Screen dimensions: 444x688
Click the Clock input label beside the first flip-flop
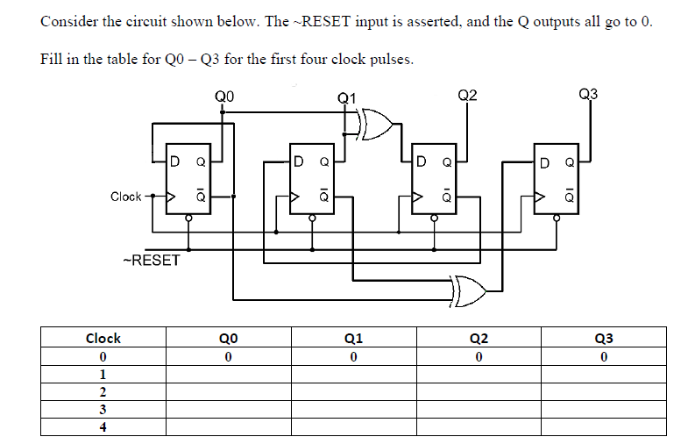(126, 197)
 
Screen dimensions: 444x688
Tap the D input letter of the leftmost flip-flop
(176, 161)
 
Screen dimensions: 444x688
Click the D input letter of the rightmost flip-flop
(545, 161)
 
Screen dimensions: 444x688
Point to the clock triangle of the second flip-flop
(297, 197)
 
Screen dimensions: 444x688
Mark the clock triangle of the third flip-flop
(420, 197)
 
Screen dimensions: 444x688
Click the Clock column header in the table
(103, 338)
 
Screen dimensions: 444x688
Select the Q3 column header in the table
(604, 338)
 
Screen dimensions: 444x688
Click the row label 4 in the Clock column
(103, 427)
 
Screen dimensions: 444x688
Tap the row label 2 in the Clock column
(103, 392)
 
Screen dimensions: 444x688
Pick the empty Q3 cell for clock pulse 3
(604, 410)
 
